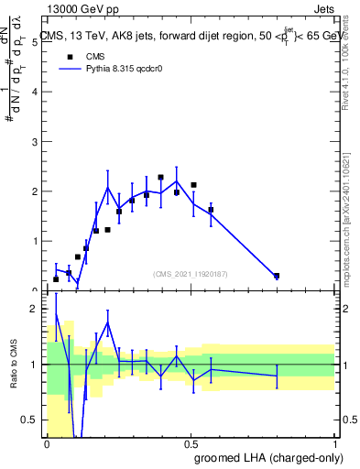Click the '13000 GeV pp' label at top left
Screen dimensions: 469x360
click(x=81, y=8)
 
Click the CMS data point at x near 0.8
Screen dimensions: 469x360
click(x=277, y=276)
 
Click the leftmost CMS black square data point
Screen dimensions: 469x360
click(x=56, y=279)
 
